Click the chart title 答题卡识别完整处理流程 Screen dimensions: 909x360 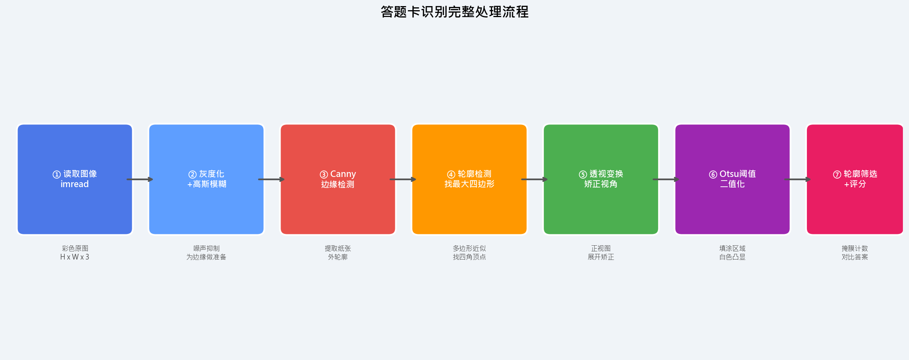(x=454, y=12)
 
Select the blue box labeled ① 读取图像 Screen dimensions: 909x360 (x=75, y=203)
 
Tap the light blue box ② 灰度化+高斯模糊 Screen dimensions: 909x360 (x=206, y=203)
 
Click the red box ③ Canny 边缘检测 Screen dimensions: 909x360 (x=338, y=203)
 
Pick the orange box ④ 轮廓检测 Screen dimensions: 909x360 (x=469, y=203)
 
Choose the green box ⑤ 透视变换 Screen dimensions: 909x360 (x=601, y=203)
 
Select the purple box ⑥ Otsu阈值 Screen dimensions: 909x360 (x=732, y=203)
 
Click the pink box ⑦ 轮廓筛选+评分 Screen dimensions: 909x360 (x=855, y=203)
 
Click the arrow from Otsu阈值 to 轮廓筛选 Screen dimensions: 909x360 (x=798, y=179)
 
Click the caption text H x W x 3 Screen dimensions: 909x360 (x=75, y=257)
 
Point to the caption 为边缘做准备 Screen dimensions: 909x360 (x=206, y=257)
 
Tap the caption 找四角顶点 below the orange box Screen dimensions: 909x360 (x=469, y=257)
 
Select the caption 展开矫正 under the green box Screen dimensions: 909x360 (x=601, y=257)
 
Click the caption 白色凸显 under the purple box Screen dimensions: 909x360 (x=732, y=257)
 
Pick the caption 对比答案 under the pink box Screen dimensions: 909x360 (x=855, y=257)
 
